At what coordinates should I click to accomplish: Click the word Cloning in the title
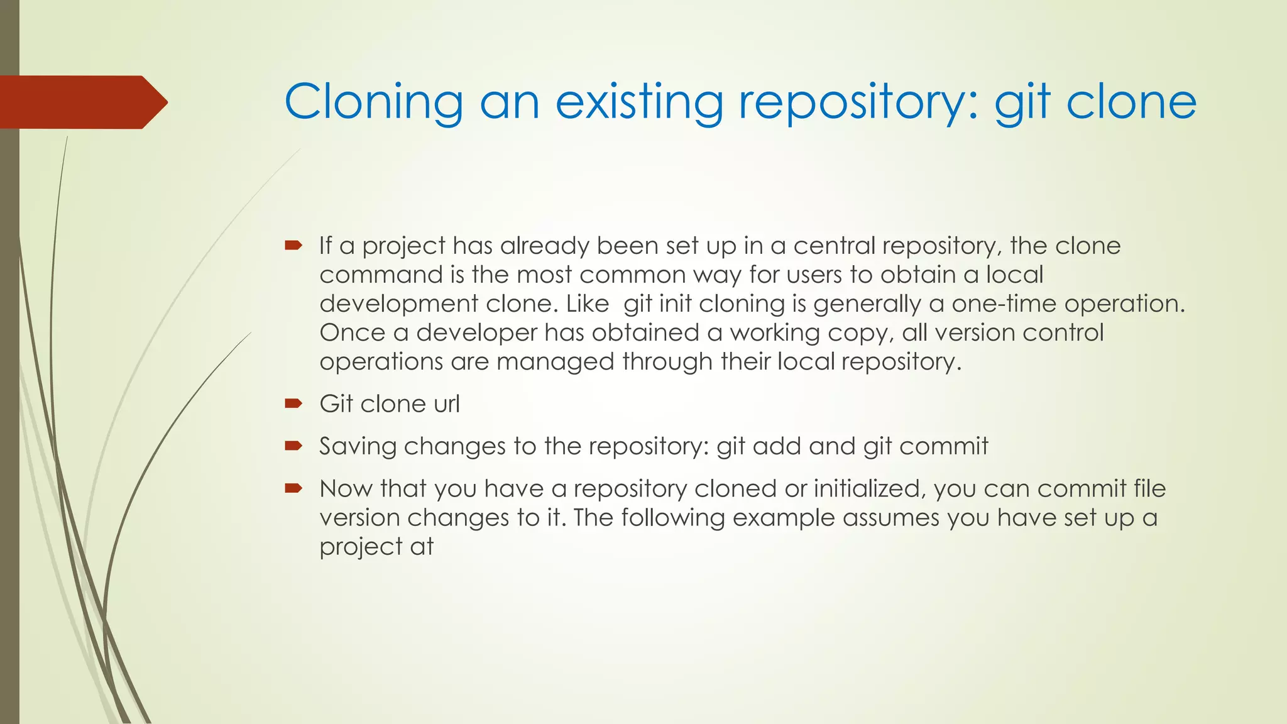[373, 102]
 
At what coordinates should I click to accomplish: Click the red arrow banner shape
[82, 102]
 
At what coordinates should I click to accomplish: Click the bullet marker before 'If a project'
[293, 245]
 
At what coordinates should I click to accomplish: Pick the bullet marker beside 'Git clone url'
[293, 403]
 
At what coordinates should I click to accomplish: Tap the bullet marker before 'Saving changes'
[293, 446]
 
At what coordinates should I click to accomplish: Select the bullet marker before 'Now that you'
[293, 488]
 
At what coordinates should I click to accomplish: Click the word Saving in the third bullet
[358, 446]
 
